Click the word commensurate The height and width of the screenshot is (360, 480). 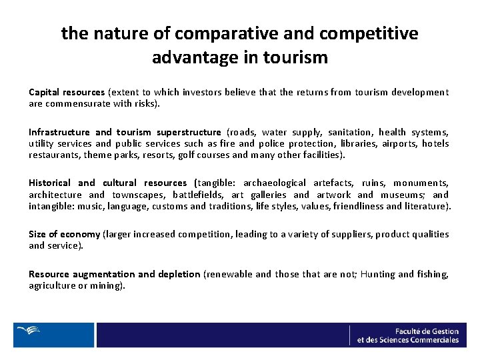coord(73,104)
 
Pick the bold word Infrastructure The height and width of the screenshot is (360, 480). coord(59,132)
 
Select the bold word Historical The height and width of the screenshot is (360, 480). coord(49,183)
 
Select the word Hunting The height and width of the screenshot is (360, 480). coord(377,274)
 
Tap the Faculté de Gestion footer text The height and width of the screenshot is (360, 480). coord(426,331)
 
